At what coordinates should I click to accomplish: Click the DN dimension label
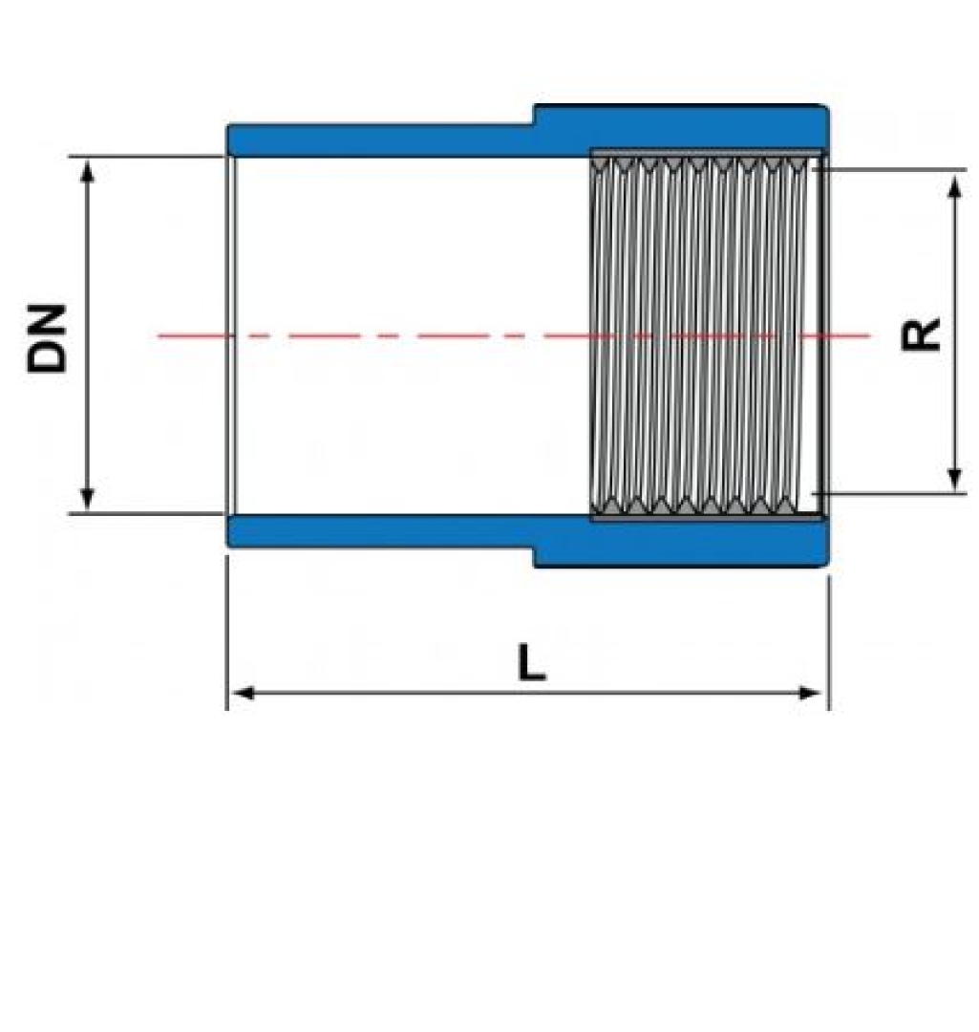(x=48, y=338)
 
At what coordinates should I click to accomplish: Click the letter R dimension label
(x=921, y=333)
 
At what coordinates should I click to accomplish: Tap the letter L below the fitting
(x=531, y=662)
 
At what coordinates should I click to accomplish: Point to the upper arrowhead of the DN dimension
(x=88, y=170)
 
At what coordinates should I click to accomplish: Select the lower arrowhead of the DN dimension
(x=88, y=499)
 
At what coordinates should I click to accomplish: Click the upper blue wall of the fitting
(x=526, y=135)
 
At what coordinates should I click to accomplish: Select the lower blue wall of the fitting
(x=526, y=535)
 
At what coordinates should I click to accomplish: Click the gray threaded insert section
(x=705, y=335)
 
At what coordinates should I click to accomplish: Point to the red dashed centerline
(x=514, y=335)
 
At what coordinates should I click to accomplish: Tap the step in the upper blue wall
(x=534, y=115)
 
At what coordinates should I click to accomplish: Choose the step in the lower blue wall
(x=534, y=557)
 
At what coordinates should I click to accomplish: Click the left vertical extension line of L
(x=227, y=632)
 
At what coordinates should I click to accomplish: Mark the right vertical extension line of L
(x=829, y=642)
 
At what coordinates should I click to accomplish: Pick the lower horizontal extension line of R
(x=889, y=492)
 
